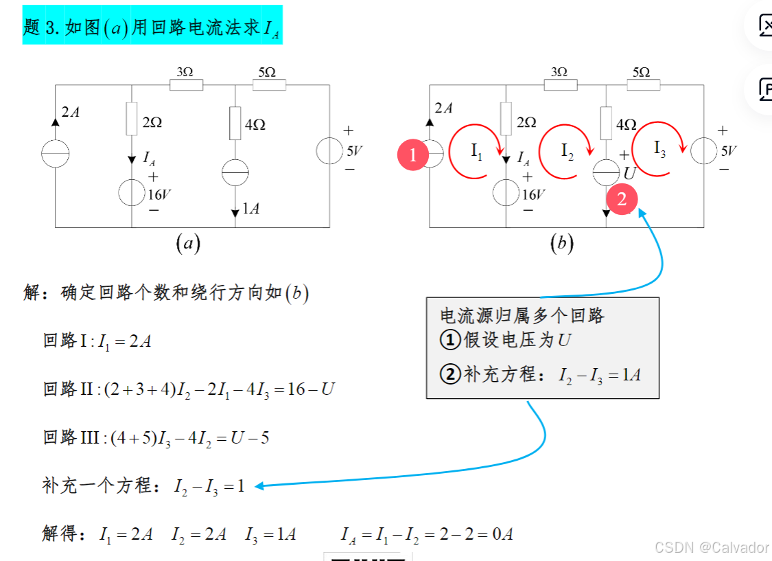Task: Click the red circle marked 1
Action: click(x=413, y=155)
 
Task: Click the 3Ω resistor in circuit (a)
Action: click(x=186, y=84)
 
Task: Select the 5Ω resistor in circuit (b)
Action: click(x=643, y=84)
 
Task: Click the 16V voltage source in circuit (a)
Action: click(x=131, y=193)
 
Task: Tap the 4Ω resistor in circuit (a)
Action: click(x=235, y=123)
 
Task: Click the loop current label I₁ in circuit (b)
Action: click(x=477, y=152)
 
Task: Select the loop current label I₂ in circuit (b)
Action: click(x=567, y=151)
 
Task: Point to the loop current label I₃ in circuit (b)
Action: click(x=659, y=148)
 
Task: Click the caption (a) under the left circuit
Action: click(x=187, y=243)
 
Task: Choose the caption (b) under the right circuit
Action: click(x=561, y=243)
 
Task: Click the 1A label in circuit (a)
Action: click(x=251, y=209)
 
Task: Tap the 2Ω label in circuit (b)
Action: click(x=526, y=122)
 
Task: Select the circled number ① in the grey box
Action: click(x=449, y=340)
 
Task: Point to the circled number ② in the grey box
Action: click(x=449, y=375)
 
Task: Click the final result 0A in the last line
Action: click(x=503, y=534)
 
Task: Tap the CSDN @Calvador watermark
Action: click(x=712, y=547)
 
